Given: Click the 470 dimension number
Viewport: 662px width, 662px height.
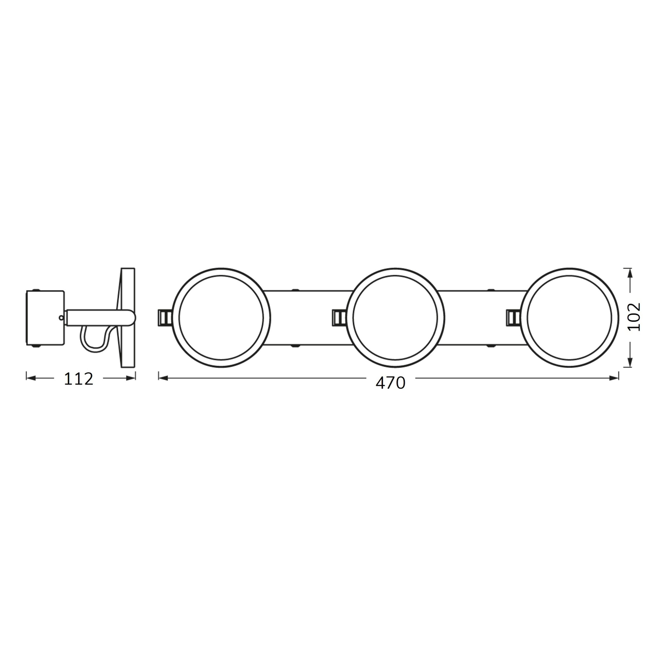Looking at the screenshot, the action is (x=391, y=383).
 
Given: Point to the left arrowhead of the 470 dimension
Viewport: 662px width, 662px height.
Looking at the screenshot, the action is (x=163, y=378).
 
